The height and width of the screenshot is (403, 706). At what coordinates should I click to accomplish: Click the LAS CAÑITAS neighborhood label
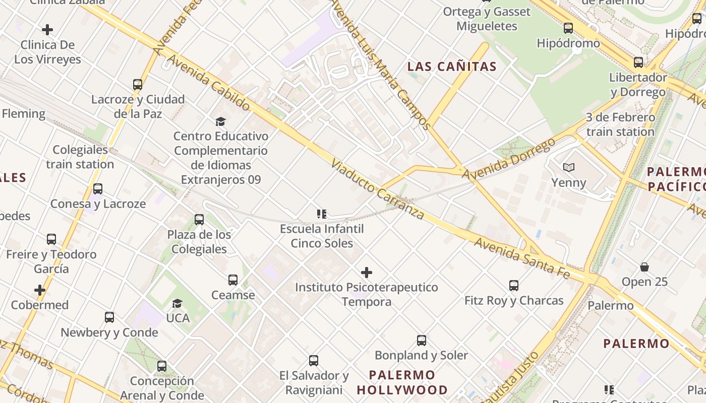click(452, 66)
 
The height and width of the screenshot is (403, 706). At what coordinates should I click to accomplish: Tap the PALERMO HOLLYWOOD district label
click(402, 382)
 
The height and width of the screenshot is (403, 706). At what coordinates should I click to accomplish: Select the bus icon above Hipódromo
click(568, 28)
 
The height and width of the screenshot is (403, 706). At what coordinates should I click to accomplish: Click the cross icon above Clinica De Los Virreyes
click(47, 30)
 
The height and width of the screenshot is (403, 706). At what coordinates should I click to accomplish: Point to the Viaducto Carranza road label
click(378, 189)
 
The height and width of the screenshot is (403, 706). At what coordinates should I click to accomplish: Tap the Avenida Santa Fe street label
click(521, 258)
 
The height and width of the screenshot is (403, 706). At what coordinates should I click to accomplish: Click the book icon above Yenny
click(569, 168)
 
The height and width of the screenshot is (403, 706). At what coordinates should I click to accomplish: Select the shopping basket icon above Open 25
click(644, 266)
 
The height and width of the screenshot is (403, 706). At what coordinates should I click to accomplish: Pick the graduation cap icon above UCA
click(177, 303)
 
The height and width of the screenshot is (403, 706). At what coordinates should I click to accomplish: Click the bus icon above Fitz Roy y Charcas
click(514, 286)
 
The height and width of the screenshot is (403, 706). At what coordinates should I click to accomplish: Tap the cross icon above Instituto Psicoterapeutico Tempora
click(367, 273)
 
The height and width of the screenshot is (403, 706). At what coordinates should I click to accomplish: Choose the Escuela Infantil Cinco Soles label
click(322, 236)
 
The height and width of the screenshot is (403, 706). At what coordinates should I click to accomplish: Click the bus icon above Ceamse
click(232, 280)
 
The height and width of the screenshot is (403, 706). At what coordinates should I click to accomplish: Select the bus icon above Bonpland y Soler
click(422, 341)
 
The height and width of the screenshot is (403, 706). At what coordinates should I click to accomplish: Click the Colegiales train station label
click(80, 157)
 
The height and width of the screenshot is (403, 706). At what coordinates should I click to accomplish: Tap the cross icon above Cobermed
click(40, 290)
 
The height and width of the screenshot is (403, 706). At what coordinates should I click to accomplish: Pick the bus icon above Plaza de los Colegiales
click(199, 220)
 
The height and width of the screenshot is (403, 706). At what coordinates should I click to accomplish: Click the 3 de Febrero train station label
click(620, 124)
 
